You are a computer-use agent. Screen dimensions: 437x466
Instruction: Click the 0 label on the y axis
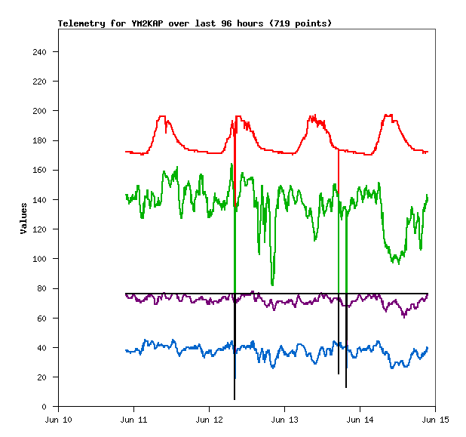[x=50, y=407]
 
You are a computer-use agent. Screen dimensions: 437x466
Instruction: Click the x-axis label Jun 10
[x=59, y=420]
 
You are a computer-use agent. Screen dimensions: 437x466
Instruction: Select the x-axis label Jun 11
[x=133, y=420]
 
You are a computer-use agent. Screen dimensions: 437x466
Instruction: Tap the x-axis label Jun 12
[x=209, y=420]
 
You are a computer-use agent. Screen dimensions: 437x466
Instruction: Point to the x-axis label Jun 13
[x=284, y=420]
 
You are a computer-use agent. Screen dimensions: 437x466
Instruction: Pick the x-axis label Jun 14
[x=360, y=420]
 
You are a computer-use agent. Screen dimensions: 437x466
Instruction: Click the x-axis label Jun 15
[x=435, y=420]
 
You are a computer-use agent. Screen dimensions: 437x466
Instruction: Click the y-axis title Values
[x=23, y=218]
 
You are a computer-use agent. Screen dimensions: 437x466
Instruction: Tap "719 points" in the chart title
[x=302, y=23]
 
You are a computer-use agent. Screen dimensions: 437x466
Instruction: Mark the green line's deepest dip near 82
[x=272, y=285]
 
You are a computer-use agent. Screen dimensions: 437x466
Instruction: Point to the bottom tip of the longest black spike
[x=235, y=399]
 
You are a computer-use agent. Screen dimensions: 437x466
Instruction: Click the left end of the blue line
[x=126, y=350]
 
